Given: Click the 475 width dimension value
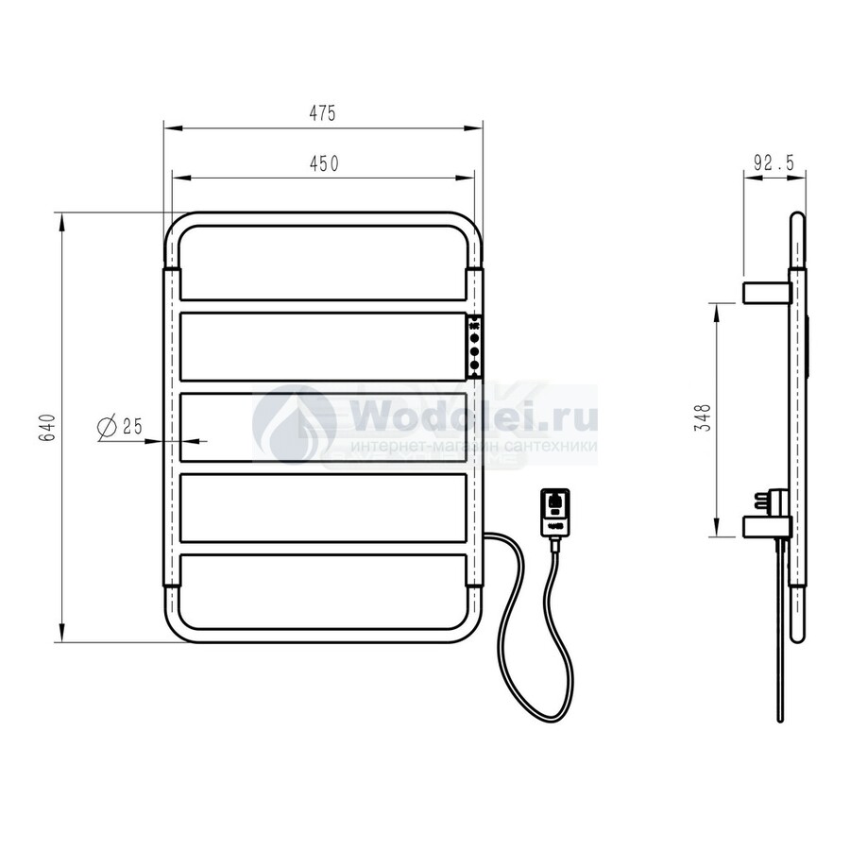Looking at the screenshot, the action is point(323,112).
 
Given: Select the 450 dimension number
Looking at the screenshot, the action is point(324,163).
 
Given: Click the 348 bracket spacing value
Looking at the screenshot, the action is point(704,417).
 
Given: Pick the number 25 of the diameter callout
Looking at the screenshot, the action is point(132,426).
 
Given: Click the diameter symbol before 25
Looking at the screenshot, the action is point(107,428).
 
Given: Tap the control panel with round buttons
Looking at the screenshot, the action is point(474,347).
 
